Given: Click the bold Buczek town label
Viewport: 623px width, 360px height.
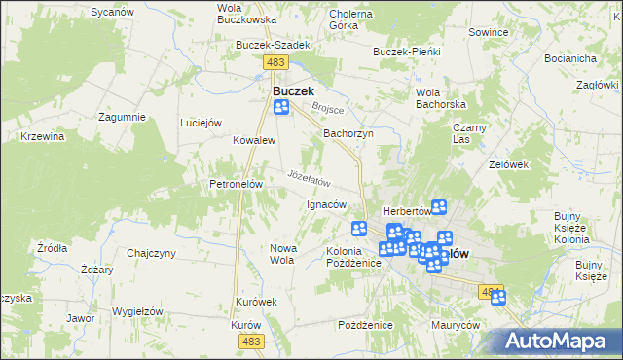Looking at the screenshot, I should (293, 90).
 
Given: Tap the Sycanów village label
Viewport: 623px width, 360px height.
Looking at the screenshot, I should (111, 12).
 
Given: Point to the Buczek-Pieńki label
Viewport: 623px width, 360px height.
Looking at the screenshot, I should (407, 51).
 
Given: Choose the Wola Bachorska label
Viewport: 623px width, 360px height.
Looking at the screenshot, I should (436, 97).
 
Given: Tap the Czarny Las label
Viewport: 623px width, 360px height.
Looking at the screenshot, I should (469, 133).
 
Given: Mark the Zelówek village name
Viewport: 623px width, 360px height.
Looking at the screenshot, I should (508, 164).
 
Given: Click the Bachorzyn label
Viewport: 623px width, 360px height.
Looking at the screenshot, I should (348, 133).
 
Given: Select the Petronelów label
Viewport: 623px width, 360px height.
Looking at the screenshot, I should (232, 183).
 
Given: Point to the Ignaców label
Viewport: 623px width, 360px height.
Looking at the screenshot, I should (326, 204).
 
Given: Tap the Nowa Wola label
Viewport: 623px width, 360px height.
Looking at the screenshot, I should (281, 254).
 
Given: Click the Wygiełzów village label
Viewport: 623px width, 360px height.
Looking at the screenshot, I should (136, 310).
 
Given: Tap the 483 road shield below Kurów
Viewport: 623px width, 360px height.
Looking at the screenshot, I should (252, 340).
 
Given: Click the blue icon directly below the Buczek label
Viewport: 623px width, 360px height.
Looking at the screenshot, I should (281, 108).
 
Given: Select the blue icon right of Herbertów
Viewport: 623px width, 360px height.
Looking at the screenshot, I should (439, 206).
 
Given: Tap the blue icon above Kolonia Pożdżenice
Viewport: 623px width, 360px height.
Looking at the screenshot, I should (359, 229).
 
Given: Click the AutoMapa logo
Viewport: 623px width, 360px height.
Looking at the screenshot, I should (561, 341).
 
